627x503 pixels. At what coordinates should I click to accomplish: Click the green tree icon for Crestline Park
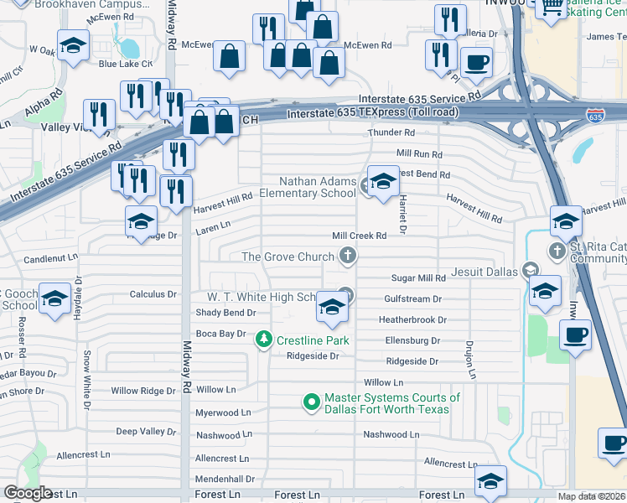point(265,340)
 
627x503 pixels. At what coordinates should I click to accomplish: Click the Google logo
point(28,493)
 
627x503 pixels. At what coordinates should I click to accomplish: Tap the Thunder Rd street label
point(391,132)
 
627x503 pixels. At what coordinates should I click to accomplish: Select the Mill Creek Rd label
point(359,236)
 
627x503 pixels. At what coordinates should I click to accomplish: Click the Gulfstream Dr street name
point(412,298)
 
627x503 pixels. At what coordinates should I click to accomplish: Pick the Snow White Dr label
point(86,380)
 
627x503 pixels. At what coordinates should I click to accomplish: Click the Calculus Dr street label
point(153,294)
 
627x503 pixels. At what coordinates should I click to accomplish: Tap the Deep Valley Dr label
point(146,432)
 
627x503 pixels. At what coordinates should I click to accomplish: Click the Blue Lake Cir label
point(125,64)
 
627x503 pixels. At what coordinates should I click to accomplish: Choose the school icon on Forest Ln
point(490,480)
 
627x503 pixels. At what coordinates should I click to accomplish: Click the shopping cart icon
point(552,8)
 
